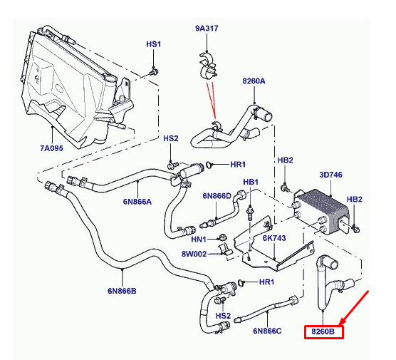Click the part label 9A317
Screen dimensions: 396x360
(x=207, y=29)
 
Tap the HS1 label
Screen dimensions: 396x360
(x=154, y=44)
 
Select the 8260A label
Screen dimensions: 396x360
(x=254, y=81)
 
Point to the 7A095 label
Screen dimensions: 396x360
(x=51, y=148)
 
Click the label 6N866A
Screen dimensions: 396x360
(x=137, y=202)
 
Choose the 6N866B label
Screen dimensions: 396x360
(x=122, y=291)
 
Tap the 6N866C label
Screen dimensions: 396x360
(x=267, y=331)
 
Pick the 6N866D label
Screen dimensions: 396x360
(x=217, y=196)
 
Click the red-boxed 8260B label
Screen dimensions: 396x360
(x=323, y=331)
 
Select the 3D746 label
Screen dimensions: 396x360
(x=331, y=175)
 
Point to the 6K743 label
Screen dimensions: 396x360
(x=274, y=238)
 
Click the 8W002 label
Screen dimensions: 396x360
(x=194, y=254)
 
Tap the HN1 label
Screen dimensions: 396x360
(x=199, y=239)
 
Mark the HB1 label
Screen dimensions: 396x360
(x=251, y=182)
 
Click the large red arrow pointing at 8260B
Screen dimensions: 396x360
(x=354, y=308)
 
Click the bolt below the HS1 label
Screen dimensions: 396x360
(x=153, y=71)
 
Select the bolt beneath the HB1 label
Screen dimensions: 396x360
(x=250, y=213)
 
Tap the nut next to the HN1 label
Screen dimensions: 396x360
(x=222, y=237)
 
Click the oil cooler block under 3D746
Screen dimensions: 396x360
(x=321, y=212)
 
